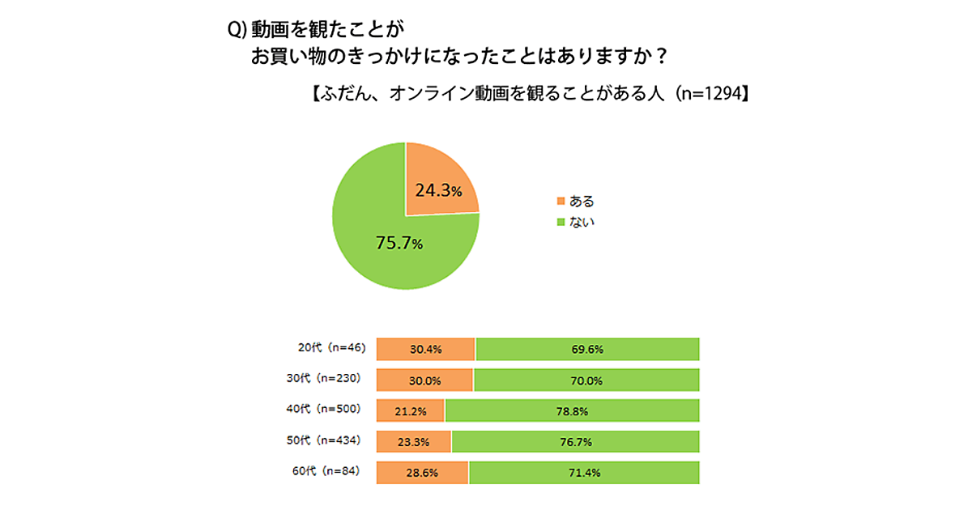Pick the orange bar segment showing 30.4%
(425, 349)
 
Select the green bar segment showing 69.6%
(587, 349)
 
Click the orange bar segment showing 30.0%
(424, 380)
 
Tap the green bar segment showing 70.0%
(586, 380)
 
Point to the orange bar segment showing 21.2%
(411, 410)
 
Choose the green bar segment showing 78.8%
(572, 410)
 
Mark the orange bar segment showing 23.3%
(414, 441)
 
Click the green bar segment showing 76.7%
(575, 441)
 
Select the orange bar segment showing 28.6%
(422, 472)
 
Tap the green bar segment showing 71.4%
(583, 472)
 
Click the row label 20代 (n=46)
(332, 348)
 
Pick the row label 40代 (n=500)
(329, 409)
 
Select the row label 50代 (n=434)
(329, 440)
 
